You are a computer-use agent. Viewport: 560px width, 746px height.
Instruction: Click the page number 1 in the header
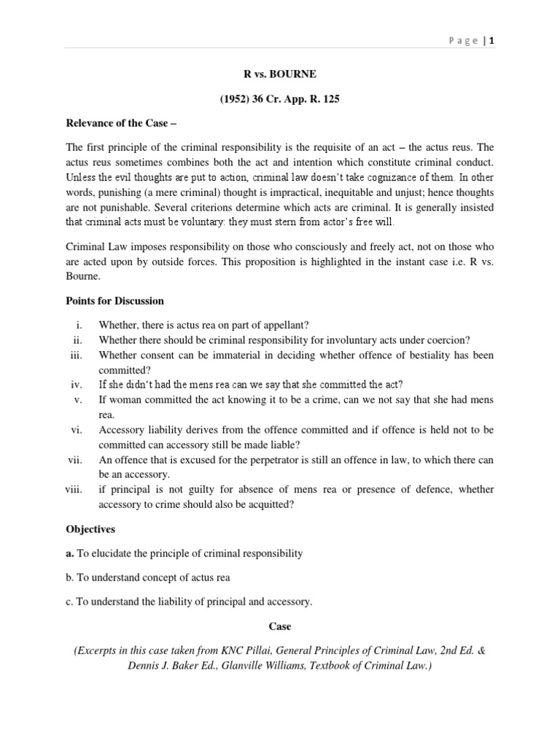[493, 41]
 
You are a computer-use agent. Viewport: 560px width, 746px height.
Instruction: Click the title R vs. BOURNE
[280, 74]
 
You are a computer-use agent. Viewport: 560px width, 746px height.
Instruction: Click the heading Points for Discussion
[115, 300]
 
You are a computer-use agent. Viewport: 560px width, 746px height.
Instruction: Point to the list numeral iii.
[78, 355]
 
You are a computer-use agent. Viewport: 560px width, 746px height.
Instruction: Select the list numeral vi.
[78, 430]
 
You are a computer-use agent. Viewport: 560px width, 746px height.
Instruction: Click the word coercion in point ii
[446, 339]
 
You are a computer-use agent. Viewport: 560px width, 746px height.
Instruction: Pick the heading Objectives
[91, 529]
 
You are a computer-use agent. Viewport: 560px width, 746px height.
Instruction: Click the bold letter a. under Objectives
[70, 554]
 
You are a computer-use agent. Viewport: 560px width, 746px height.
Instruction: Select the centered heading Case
[280, 625]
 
